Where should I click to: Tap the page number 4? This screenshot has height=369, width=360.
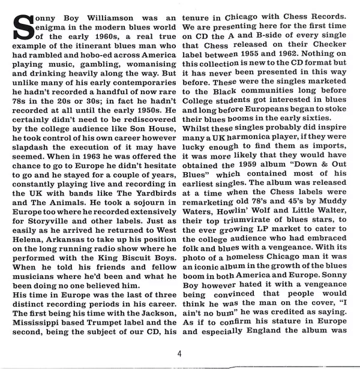coord(179,353)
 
